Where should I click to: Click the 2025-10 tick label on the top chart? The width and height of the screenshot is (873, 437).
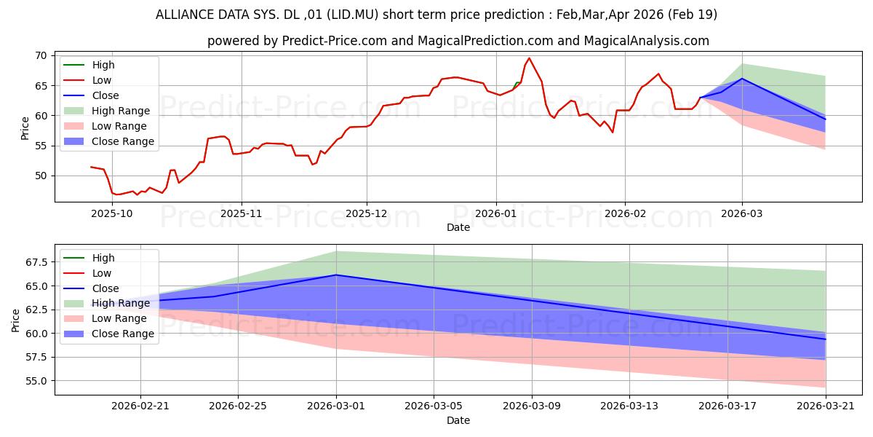(x=112, y=214)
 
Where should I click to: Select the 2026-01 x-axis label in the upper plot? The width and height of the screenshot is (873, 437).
(x=495, y=214)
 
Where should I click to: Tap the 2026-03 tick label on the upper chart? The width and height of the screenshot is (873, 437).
(x=741, y=214)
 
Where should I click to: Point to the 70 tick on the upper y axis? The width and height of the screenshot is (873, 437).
(x=41, y=56)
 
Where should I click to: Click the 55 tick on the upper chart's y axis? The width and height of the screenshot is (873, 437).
(x=41, y=146)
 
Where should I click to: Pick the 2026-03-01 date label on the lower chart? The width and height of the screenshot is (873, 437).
(x=336, y=406)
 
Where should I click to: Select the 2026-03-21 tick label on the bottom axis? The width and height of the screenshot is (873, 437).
(x=826, y=406)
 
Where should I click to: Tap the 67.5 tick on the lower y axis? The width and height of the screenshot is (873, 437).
(x=36, y=262)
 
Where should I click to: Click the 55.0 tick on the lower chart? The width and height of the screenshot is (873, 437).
(x=36, y=381)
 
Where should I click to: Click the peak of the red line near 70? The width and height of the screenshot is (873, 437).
(x=529, y=58)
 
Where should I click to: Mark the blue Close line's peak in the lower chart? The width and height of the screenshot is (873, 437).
(x=336, y=275)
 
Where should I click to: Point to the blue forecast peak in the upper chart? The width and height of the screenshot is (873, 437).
(x=741, y=79)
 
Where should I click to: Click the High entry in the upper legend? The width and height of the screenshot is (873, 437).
(x=89, y=65)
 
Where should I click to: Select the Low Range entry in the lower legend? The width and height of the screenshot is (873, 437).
(x=105, y=318)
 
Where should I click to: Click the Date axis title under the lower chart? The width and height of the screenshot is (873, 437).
(x=458, y=421)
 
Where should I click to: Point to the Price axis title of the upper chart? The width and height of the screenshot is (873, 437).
(x=25, y=128)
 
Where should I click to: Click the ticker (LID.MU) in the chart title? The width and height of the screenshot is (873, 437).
(x=352, y=15)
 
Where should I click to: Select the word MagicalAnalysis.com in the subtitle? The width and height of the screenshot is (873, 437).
(x=646, y=41)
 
